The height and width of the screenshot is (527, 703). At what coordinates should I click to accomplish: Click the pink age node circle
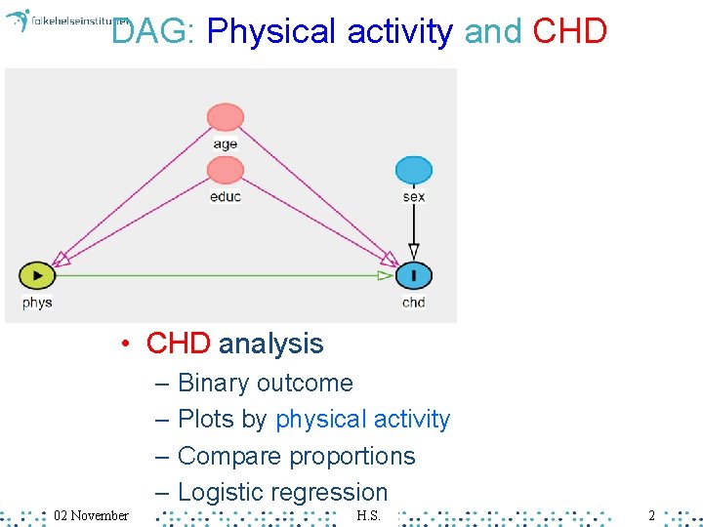[226, 117]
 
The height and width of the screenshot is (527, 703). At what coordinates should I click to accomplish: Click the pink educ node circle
[226, 170]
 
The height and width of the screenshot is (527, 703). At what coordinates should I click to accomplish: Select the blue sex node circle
[414, 170]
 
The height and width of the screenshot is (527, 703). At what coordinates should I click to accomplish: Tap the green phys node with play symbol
[37, 276]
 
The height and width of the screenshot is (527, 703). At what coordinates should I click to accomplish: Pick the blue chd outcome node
[414, 276]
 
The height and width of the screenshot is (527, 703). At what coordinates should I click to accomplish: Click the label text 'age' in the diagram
[226, 144]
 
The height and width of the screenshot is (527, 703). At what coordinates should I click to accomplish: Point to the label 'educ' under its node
[226, 196]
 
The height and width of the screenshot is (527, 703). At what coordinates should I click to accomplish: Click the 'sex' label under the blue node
[414, 196]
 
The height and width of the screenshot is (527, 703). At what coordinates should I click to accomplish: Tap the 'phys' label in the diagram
[37, 303]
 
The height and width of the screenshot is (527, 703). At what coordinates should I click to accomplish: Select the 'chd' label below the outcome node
[414, 303]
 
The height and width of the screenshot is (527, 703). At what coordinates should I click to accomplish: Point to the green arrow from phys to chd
[225, 276]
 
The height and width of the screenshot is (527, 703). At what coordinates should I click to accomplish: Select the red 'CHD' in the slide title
[570, 32]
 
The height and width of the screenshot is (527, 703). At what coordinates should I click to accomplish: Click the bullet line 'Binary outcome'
[266, 383]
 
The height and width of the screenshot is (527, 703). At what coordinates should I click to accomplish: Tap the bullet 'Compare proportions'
[297, 456]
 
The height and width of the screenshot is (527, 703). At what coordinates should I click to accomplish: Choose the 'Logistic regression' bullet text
[283, 493]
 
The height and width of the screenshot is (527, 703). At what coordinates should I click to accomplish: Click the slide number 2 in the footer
[651, 514]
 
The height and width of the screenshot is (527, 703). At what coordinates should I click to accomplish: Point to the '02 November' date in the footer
[91, 514]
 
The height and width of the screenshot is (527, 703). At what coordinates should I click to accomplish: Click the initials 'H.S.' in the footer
[368, 514]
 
